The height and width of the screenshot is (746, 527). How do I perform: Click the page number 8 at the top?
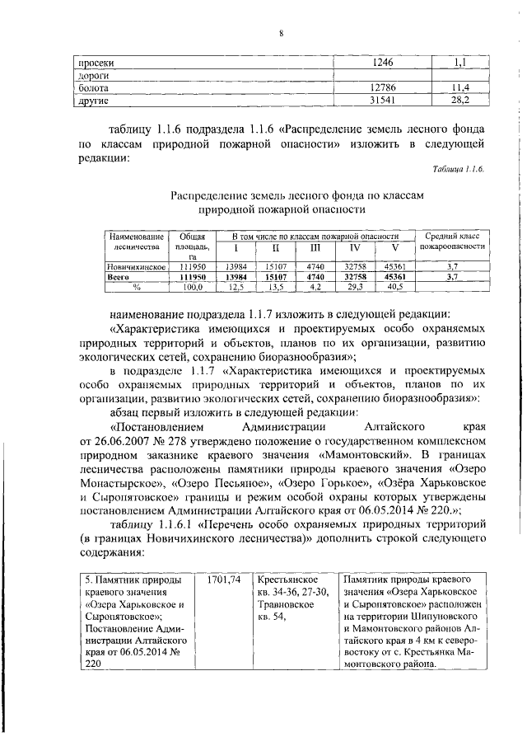click(x=281, y=33)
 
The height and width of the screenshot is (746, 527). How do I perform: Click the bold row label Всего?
click(x=121, y=278)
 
